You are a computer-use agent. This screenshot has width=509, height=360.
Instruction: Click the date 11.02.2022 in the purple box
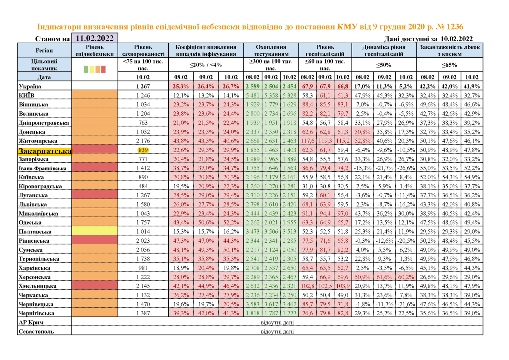coord(95,38)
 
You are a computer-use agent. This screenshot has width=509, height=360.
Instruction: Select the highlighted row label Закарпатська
coord(45,151)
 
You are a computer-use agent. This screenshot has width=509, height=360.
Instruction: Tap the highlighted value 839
coord(143,150)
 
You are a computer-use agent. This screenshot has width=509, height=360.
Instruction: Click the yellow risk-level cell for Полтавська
coord(95,231)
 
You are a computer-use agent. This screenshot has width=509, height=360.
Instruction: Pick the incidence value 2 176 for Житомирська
coord(143,141)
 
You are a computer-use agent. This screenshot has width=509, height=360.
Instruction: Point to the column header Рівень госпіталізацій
coord(325,50)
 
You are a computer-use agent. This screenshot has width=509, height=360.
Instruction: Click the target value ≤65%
coord(449,65)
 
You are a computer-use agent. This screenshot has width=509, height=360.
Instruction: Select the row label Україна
coord(30,86)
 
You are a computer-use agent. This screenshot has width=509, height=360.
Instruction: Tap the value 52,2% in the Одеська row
coord(231,222)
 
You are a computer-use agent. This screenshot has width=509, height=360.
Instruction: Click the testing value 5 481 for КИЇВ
coord(253,95)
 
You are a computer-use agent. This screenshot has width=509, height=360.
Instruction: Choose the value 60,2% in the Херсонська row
coord(406,277)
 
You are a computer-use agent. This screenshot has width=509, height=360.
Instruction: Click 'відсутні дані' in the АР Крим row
coord(277,322)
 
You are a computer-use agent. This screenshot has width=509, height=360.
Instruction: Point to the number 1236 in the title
coord(454,27)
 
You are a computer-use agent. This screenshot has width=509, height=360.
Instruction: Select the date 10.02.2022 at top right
coord(456,39)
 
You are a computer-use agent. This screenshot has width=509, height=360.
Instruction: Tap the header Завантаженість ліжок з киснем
coord(449,50)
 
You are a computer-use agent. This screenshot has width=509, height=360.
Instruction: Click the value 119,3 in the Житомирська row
coord(325,141)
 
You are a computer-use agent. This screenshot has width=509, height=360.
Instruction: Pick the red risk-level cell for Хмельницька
coord(95,285)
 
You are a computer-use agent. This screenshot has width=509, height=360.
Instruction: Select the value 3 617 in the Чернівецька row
coord(271,304)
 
